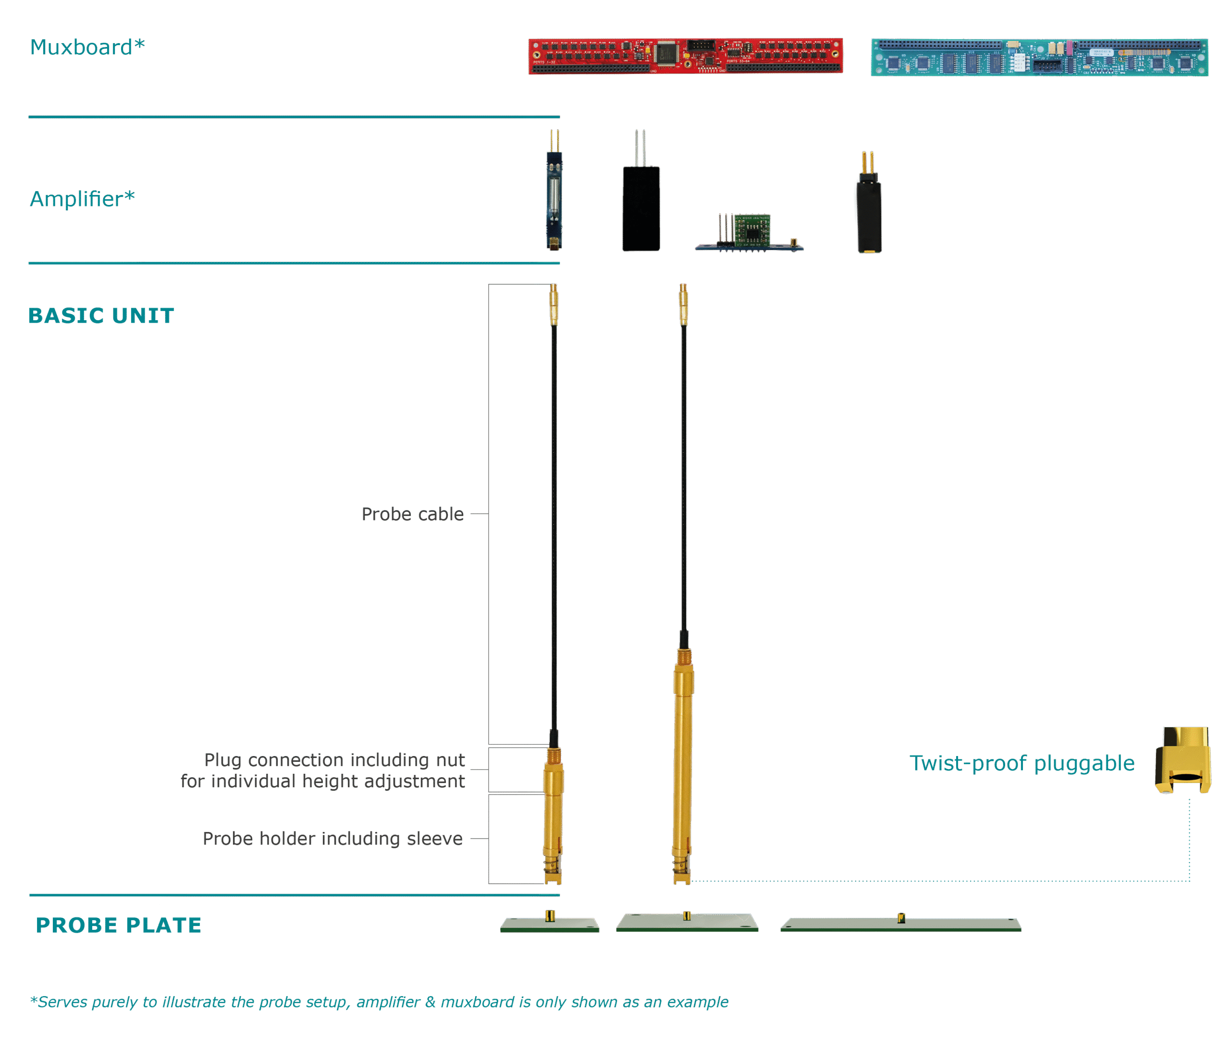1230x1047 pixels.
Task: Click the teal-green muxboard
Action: tap(1039, 58)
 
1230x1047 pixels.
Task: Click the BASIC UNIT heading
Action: tap(101, 315)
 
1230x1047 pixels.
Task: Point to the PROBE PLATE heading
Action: tap(119, 925)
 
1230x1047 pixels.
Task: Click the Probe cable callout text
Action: tap(413, 514)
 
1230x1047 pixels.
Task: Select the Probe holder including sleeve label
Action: tap(332, 838)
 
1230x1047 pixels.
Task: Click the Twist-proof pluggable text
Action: tap(1021, 763)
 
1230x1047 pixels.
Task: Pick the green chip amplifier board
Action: tap(751, 231)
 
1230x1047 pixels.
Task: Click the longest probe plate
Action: tap(900, 925)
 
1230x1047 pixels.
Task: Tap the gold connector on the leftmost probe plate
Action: tap(550, 916)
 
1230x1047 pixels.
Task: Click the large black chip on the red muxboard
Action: tap(667, 53)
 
